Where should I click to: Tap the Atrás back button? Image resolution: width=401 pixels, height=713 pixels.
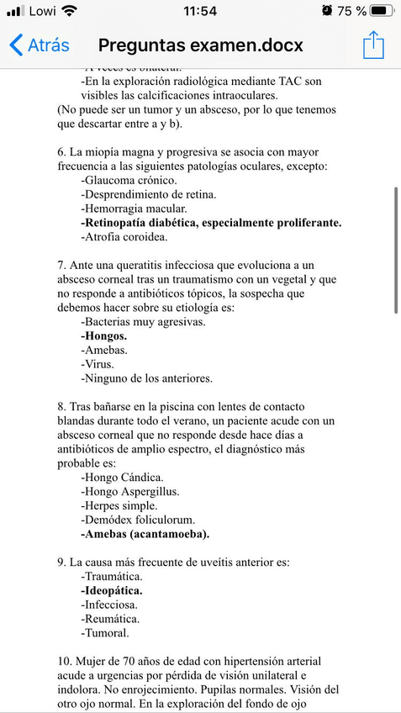(39, 45)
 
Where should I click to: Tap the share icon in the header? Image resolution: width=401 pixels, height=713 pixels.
(373, 45)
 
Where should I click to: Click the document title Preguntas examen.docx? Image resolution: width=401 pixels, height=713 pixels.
(200, 45)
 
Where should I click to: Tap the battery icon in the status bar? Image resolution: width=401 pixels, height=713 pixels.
(382, 11)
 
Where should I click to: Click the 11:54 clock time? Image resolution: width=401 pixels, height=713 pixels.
(199, 11)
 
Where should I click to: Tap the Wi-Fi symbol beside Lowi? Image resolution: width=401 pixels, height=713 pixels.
(69, 11)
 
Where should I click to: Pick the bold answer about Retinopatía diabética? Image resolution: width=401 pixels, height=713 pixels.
(211, 223)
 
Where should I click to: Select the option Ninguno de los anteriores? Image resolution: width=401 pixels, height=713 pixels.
(147, 378)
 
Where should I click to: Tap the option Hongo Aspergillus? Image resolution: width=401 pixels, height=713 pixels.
(130, 491)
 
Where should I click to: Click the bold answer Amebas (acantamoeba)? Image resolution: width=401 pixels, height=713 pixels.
(145, 534)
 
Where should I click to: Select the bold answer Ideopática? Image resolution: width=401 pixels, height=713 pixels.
(112, 590)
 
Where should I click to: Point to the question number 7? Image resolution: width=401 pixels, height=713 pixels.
(61, 265)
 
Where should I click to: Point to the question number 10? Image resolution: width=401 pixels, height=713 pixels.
(64, 661)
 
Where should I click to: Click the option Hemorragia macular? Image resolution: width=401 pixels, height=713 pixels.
(129, 209)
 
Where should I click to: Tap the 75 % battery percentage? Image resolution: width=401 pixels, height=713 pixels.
(351, 11)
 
